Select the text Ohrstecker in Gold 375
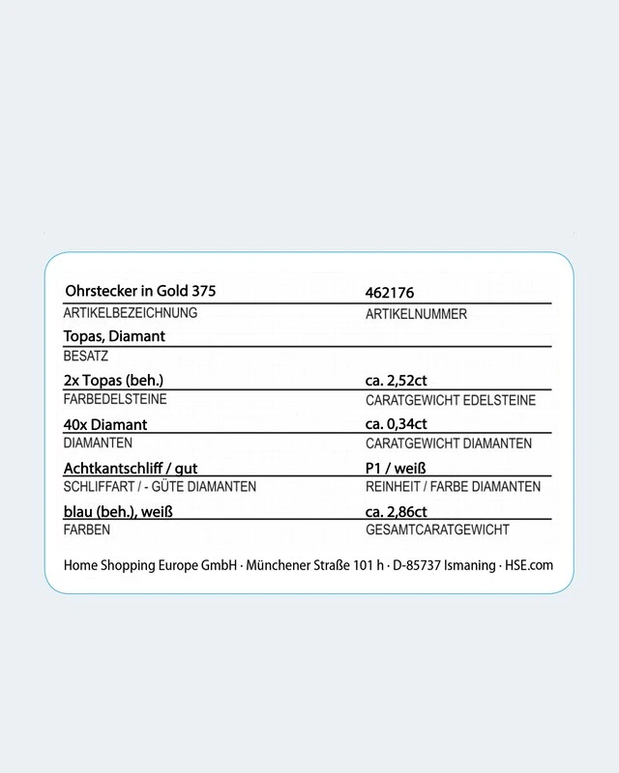tap(139, 291)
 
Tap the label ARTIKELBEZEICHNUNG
tap(130, 313)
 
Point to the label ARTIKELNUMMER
tap(416, 314)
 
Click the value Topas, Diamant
tap(114, 335)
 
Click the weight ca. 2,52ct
tap(397, 380)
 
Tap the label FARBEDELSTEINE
tap(115, 399)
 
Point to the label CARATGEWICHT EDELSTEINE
tap(451, 400)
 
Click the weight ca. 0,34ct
tap(397, 423)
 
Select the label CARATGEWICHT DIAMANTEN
tap(449, 444)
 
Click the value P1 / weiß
tap(396, 468)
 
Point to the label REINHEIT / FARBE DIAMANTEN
tap(453, 487)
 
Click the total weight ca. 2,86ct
tap(397, 511)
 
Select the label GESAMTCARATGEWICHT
tap(437, 530)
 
